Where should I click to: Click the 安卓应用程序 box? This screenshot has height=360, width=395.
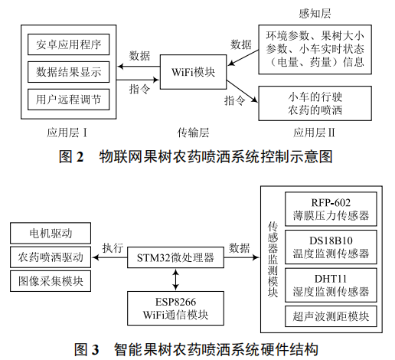(x=68, y=44)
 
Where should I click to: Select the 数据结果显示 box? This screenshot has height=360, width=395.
(x=68, y=72)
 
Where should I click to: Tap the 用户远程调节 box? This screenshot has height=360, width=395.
(x=68, y=100)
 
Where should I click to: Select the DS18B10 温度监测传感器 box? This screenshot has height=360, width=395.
(x=331, y=246)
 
